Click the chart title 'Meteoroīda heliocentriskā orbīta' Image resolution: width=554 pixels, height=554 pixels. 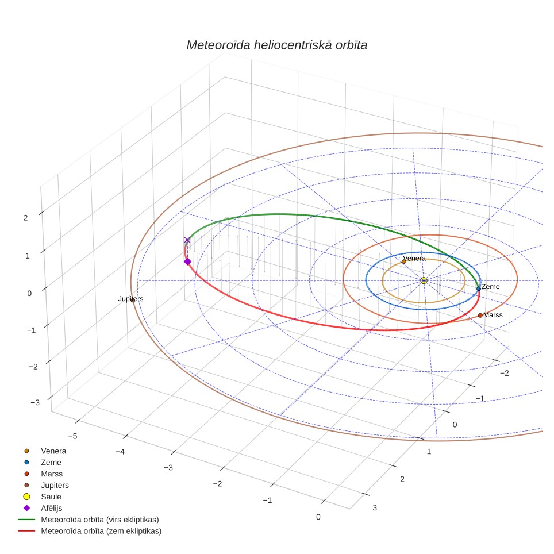(276, 45)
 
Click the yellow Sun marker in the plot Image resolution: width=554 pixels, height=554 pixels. (424, 280)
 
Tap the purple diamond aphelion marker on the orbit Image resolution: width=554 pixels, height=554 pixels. (187, 261)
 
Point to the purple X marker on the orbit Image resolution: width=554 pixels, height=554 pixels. (187, 240)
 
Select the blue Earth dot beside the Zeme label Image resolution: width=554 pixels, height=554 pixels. (478, 288)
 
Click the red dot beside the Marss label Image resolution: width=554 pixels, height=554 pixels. (480, 316)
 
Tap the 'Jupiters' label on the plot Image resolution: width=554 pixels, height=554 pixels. (130, 299)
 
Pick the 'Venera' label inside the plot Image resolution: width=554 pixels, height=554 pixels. (414, 258)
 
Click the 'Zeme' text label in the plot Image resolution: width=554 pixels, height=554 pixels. (490, 287)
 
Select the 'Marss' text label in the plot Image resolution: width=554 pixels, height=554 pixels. (493, 315)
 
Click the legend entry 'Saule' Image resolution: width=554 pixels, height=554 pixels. (51, 497)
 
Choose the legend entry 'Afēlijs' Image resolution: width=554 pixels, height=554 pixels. (52, 508)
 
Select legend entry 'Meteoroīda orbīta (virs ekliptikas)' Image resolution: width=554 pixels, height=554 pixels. (100, 520)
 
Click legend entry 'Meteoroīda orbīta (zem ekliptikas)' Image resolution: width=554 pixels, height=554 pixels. (101, 531)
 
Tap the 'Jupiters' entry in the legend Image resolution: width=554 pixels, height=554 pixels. (55, 486)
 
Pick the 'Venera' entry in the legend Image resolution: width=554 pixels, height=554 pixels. (53, 451)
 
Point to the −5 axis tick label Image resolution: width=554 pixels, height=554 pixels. (72, 436)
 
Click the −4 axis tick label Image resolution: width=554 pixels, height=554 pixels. (120, 452)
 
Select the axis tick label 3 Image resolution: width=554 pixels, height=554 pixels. (375, 507)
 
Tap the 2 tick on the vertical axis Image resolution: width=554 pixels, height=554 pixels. (25, 218)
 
